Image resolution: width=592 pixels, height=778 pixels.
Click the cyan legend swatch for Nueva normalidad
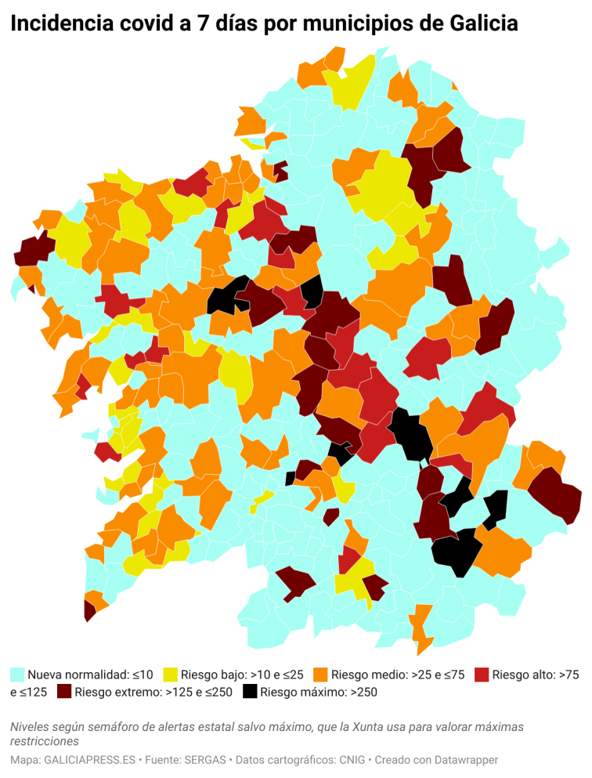click(17, 674)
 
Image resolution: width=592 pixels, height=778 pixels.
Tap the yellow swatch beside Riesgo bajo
click(170, 674)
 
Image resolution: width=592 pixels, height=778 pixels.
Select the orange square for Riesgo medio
click(320, 674)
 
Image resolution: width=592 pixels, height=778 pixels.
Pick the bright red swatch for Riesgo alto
click(482, 674)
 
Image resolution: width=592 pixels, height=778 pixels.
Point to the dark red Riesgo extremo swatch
click(63, 692)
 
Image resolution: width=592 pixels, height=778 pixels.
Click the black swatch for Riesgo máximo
click(250, 692)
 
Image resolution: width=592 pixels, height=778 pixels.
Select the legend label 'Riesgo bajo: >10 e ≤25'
click(242, 674)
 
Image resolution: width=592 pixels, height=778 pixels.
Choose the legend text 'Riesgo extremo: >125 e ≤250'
click(153, 692)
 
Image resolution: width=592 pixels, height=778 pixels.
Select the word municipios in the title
click(352, 24)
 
